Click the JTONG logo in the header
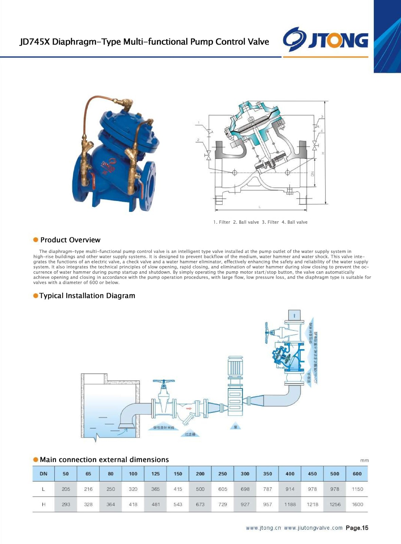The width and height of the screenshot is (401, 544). point(326,39)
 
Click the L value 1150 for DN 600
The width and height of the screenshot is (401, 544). point(357,489)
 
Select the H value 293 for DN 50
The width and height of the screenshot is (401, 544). point(66,504)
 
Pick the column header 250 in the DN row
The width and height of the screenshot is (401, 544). point(223,474)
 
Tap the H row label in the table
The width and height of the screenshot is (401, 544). point(43,504)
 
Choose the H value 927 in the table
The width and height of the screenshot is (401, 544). point(245,504)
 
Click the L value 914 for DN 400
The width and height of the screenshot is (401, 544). point(290,489)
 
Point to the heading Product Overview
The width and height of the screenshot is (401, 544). point(70,240)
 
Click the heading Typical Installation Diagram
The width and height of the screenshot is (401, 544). point(87,296)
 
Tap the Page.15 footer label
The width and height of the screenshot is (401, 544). point(357,528)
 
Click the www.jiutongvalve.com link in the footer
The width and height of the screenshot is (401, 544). point(313,528)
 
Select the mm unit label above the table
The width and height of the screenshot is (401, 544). point(364,460)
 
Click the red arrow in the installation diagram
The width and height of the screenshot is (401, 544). point(189,408)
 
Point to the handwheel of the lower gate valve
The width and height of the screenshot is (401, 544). point(163,382)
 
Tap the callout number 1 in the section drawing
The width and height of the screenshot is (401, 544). point(199,123)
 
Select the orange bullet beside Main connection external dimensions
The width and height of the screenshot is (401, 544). point(36,460)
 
